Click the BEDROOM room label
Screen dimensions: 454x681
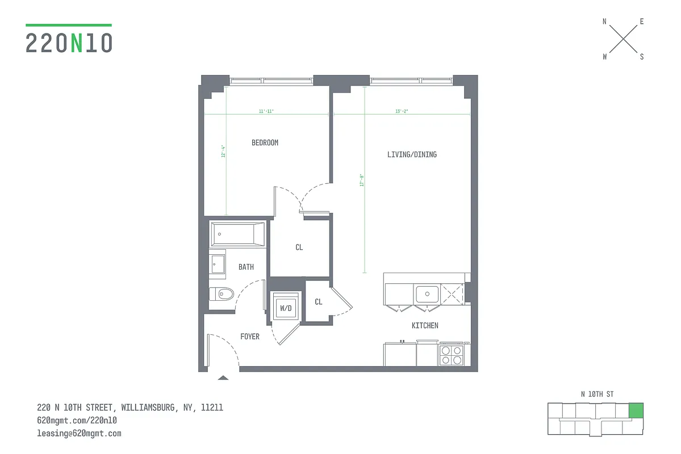click(x=265, y=143)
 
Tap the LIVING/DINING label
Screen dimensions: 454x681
click(x=412, y=154)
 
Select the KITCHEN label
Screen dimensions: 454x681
click(x=425, y=326)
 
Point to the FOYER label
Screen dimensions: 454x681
click(x=250, y=337)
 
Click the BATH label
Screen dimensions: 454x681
click(x=246, y=267)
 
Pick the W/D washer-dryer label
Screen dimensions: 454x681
click(x=285, y=308)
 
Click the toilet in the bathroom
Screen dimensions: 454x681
click(x=222, y=294)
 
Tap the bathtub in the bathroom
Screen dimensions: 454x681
click(x=237, y=234)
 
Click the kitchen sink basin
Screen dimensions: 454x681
click(x=427, y=294)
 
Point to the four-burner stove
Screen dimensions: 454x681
click(x=452, y=355)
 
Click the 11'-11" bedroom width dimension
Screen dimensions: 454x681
click(x=266, y=111)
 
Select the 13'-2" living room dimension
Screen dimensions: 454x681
click(x=401, y=111)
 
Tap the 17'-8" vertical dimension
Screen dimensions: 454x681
click(x=361, y=180)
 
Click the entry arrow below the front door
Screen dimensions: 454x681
click(x=223, y=377)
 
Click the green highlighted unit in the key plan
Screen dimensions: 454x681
click(x=636, y=410)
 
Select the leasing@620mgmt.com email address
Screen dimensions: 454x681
click(x=79, y=434)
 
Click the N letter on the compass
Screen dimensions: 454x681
click(x=604, y=22)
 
